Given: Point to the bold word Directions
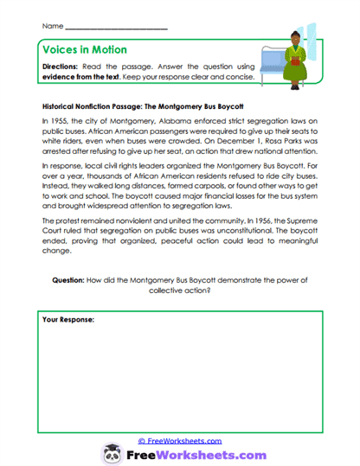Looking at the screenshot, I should point(63,66).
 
